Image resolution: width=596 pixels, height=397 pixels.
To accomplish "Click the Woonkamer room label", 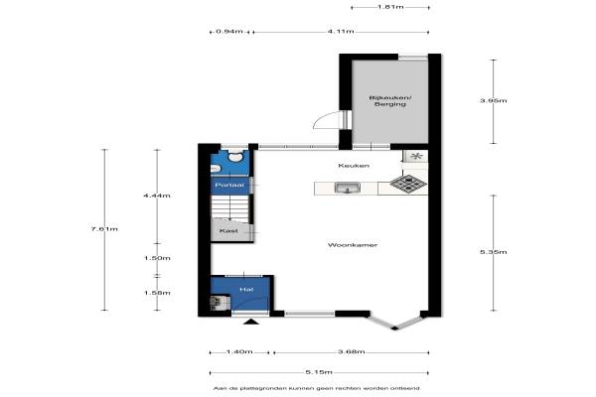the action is (x=353, y=245).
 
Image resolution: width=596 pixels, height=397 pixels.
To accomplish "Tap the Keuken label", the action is (x=354, y=166).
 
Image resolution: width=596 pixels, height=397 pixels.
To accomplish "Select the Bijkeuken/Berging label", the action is (x=390, y=100).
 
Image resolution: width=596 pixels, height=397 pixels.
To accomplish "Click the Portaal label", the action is (x=229, y=185).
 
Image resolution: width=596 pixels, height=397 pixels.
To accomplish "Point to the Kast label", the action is (x=228, y=230).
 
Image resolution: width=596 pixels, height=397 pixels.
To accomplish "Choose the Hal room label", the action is (x=246, y=290).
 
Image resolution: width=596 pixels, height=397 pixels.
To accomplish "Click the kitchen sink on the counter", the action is (x=347, y=188).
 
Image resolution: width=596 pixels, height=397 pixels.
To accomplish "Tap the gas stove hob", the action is (x=408, y=184).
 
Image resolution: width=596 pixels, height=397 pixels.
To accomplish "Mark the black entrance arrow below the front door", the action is (x=251, y=322).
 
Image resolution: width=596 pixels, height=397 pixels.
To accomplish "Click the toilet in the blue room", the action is (x=235, y=156).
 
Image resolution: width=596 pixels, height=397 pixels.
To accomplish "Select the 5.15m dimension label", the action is (x=319, y=372).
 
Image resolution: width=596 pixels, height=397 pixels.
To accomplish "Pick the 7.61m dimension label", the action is (x=104, y=228).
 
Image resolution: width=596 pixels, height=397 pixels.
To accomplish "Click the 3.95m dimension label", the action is (x=494, y=100).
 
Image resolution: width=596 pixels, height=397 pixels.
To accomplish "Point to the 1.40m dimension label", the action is (x=239, y=351).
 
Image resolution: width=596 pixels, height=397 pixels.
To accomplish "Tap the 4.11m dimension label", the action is (x=341, y=31).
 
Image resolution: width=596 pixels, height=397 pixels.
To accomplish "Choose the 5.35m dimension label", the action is (x=494, y=252).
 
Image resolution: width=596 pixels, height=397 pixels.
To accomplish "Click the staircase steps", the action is (x=230, y=207).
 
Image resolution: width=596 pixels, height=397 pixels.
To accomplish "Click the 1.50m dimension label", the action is (x=157, y=258).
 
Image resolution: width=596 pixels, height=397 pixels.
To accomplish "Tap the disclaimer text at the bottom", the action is (x=317, y=388).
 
